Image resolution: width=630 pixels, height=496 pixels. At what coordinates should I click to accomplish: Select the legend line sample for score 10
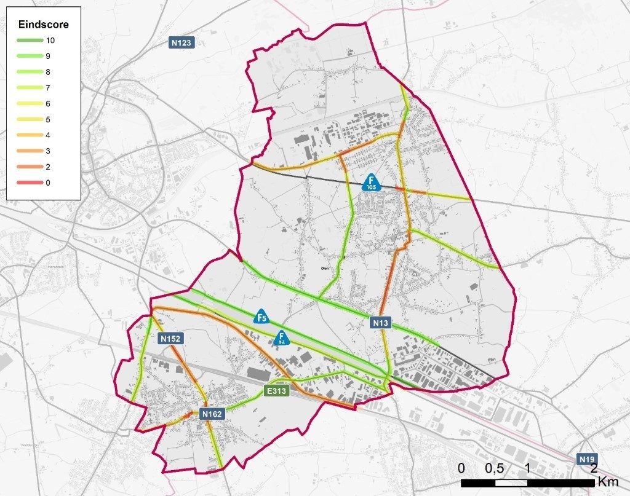(28, 41)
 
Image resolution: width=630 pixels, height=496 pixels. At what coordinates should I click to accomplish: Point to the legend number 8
(49, 72)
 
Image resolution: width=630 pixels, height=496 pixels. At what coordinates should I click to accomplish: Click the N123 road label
(181, 42)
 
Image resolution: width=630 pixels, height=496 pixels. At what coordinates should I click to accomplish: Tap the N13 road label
(381, 322)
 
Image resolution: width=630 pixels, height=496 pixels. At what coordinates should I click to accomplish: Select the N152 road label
(172, 338)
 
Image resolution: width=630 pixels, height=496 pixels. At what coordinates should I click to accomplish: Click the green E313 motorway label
(277, 390)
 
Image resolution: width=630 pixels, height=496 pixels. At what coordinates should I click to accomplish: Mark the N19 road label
(587, 459)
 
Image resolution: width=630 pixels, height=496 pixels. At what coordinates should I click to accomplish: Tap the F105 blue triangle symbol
(370, 182)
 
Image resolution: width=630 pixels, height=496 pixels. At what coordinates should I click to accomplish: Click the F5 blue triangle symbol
(261, 317)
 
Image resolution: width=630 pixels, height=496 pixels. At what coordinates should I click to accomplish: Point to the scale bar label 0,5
(495, 468)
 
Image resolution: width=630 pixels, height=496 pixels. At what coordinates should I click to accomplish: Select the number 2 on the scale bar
(594, 468)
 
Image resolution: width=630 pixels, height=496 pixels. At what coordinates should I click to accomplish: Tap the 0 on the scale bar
(461, 468)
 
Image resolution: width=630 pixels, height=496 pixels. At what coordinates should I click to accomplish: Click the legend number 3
(49, 151)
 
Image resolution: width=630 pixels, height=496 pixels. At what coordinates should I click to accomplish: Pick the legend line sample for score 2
(28, 167)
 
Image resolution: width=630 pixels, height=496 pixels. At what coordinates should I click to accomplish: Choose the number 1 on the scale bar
(527, 468)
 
